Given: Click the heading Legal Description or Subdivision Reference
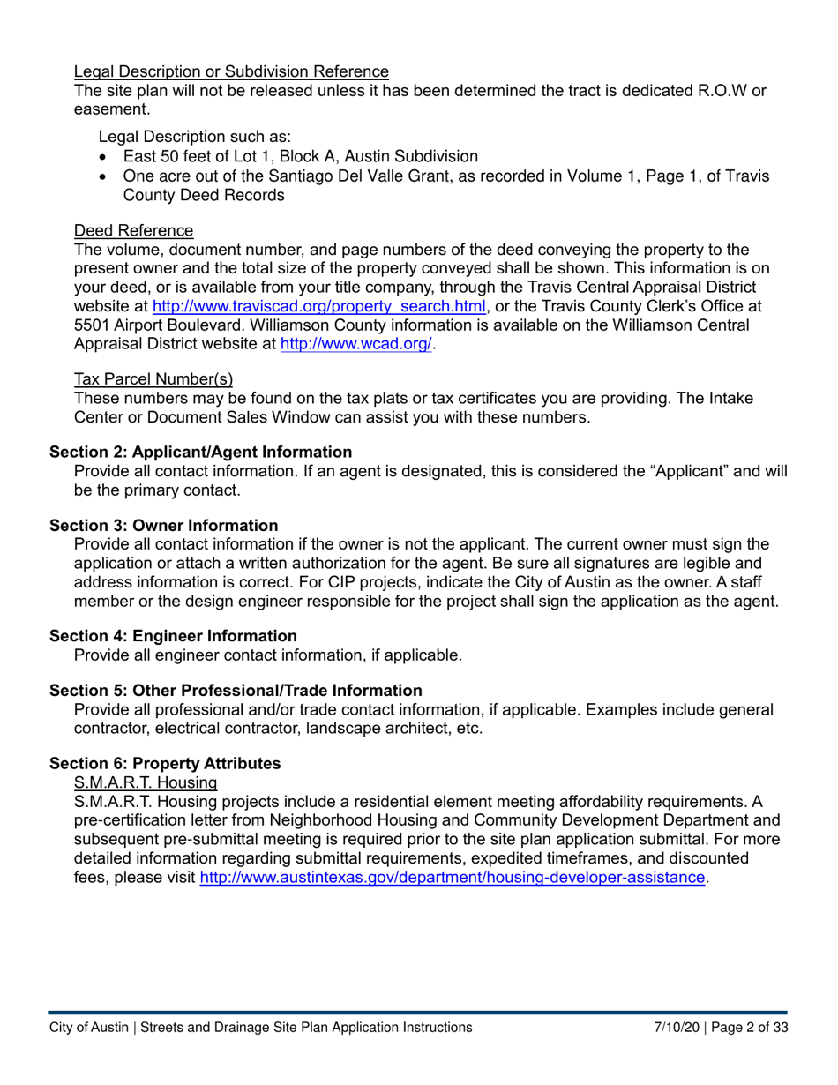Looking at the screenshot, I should (231, 71).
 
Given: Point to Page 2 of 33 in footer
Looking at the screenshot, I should (744, 1028).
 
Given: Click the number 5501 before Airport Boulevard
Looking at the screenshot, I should (91, 326).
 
